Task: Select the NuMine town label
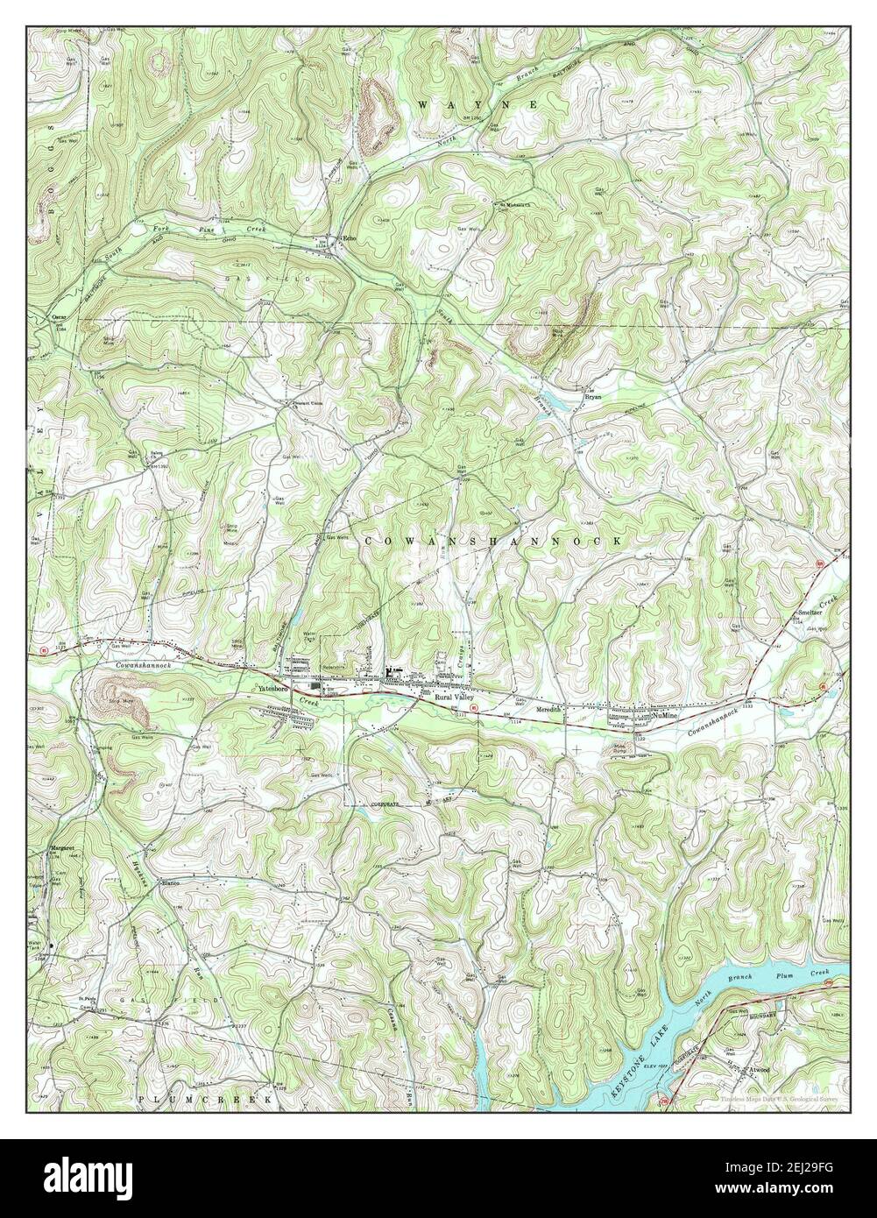pyautogui.click(x=665, y=716)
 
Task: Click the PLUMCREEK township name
pyautogui.click(x=205, y=1097)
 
